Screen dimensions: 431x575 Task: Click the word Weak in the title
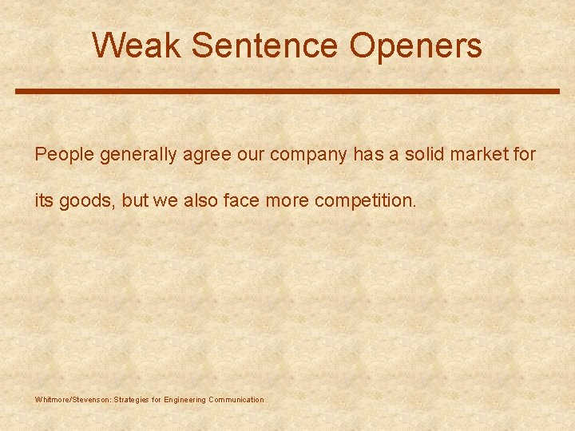[137, 45]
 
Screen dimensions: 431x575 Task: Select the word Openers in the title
[415, 45]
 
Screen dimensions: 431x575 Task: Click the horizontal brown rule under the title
[287, 91]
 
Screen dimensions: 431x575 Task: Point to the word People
[64, 154]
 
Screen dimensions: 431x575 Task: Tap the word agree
[207, 154]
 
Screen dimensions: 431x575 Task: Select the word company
[307, 154]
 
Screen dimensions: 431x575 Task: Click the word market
[486, 154]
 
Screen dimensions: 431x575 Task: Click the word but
[137, 199]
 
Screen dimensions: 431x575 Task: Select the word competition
[366, 199]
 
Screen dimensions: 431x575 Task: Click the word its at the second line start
[43, 199]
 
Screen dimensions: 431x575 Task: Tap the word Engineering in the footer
[184, 399]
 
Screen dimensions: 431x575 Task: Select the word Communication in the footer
[236, 399]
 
